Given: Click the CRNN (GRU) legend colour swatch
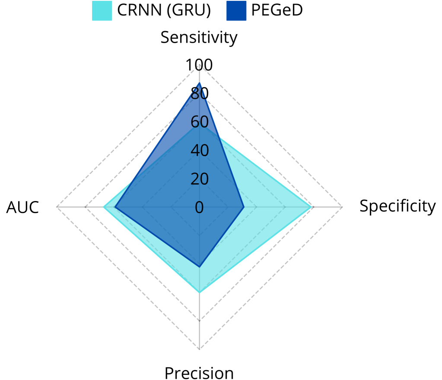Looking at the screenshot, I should pos(102,10).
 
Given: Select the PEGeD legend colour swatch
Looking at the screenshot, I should pos(236,10).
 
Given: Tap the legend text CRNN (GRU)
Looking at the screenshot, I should pos(164,10).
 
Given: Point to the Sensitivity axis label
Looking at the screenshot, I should pos(199,38).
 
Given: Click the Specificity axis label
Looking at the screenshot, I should pos(397,207).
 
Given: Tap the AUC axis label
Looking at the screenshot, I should pos(22,207).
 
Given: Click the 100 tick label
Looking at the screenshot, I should pos(199,65).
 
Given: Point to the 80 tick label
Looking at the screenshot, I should pos(199,94).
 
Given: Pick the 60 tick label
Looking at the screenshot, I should pos(199,122).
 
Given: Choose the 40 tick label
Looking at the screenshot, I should pos(199,151).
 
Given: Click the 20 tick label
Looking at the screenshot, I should pos(199,179).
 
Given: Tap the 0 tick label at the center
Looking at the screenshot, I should pos(199,207).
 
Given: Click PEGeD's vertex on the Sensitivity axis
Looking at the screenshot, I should pos(199,83).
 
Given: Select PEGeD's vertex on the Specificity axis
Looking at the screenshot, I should pos(244,207).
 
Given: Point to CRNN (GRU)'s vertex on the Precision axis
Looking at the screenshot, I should pos(199,292).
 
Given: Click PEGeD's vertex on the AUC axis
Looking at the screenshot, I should pos(115,207).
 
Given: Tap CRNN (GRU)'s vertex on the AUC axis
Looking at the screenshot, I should pos(104,207).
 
